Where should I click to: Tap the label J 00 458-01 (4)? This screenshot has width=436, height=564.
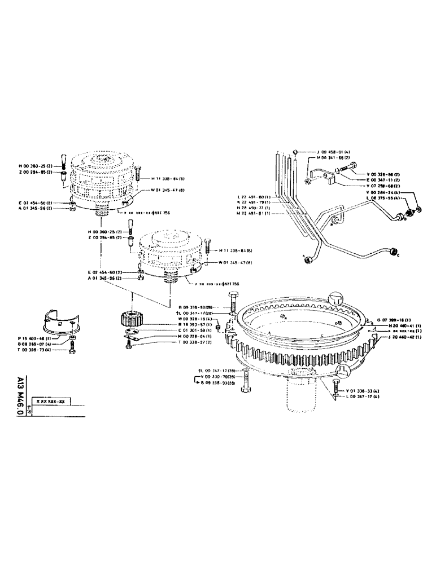click(x=320, y=152)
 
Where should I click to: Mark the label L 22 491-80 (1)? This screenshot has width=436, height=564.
click(x=254, y=197)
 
